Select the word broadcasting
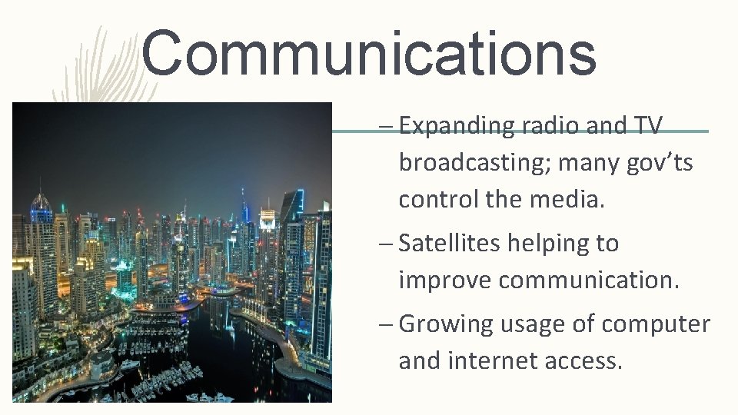[x=474, y=163]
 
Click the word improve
[x=445, y=281]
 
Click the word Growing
[x=446, y=324]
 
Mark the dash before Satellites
[x=388, y=244]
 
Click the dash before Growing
[x=388, y=325]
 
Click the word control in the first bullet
[x=439, y=200]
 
